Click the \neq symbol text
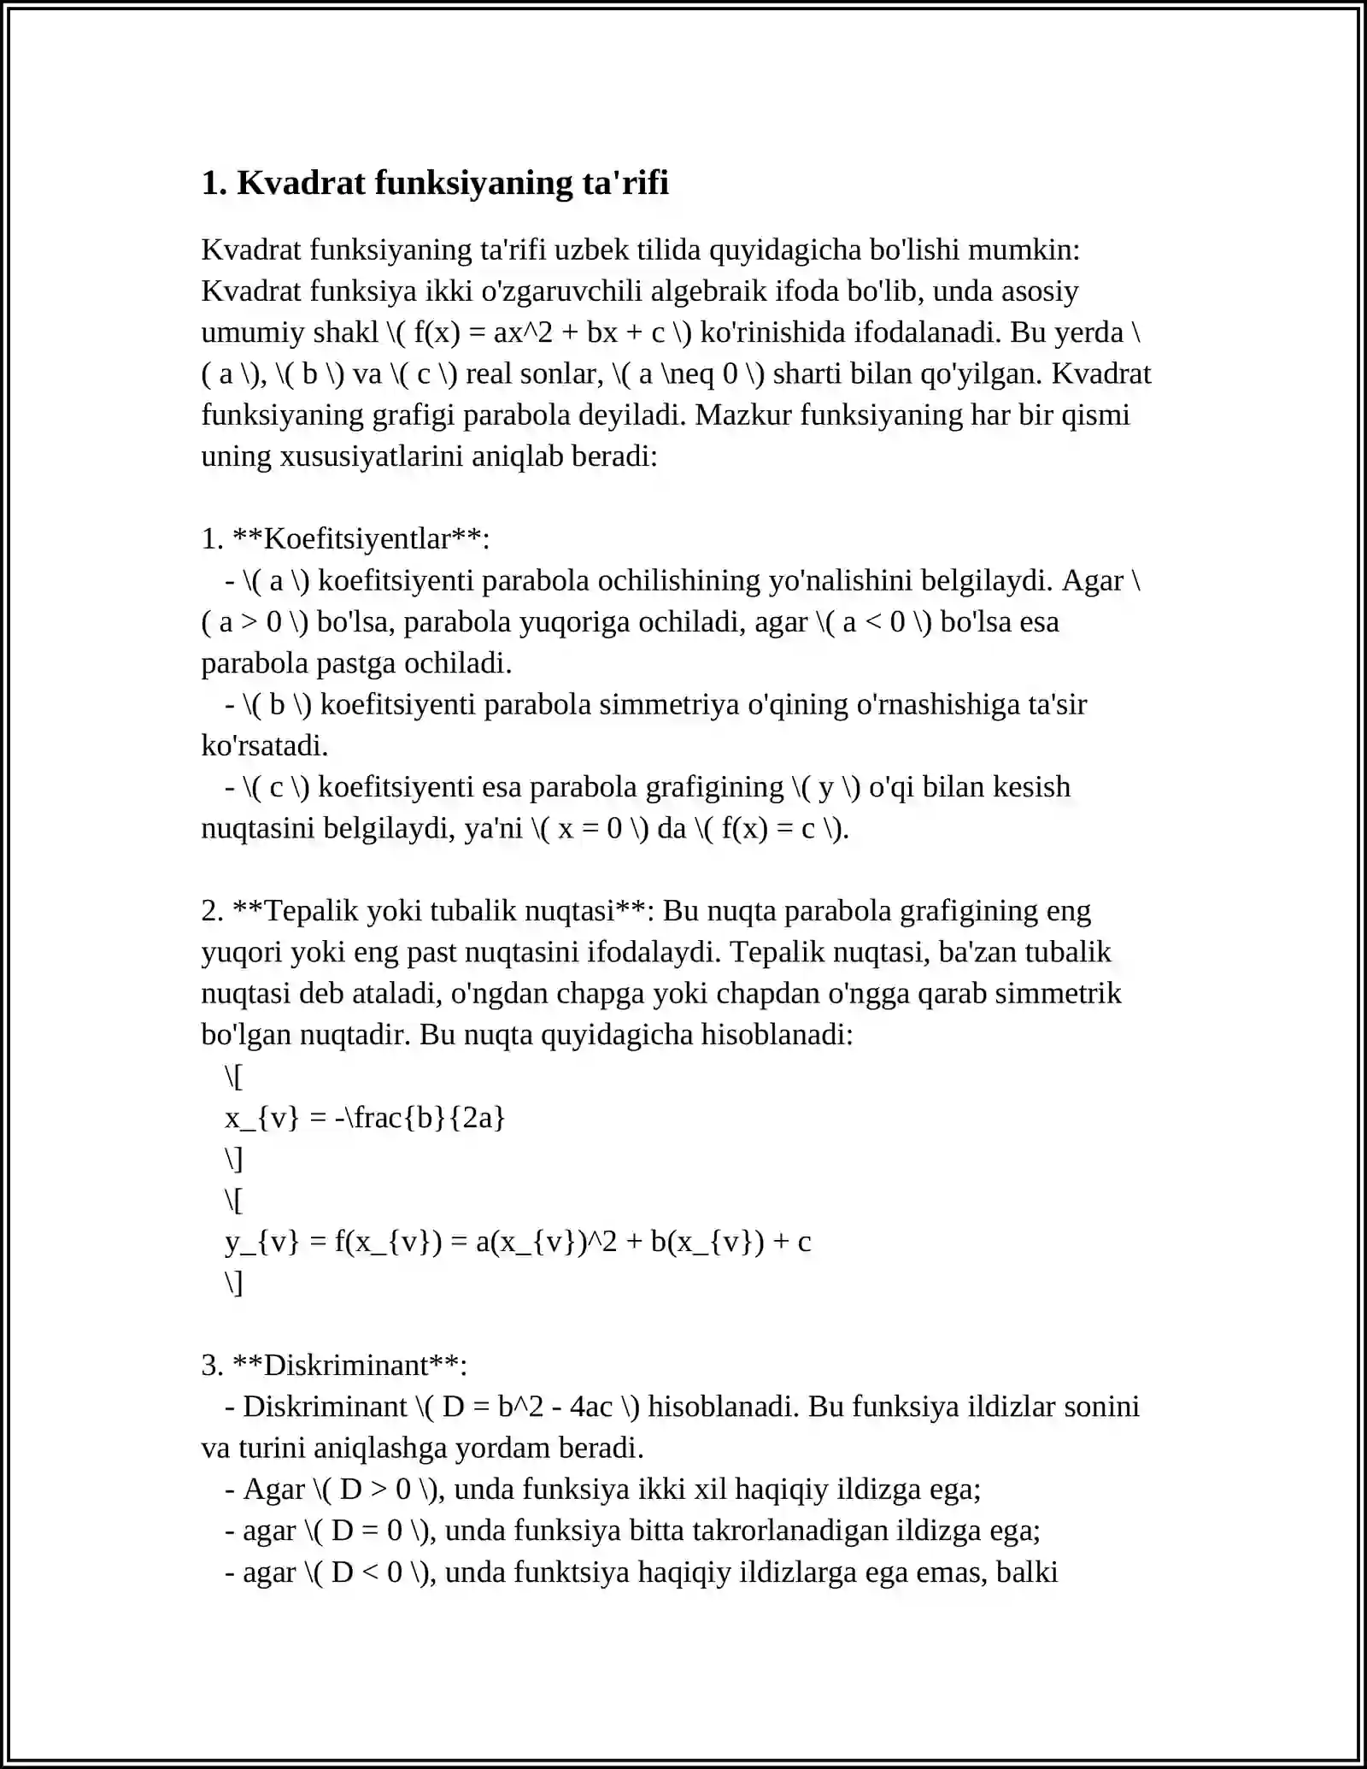pyautogui.click(x=686, y=374)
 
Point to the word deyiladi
pyautogui.click(x=639, y=415)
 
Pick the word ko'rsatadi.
pyautogui.click(x=264, y=746)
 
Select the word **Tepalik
pyautogui.click(x=295, y=911)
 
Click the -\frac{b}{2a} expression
pyautogui.click(x=420, y=1118)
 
